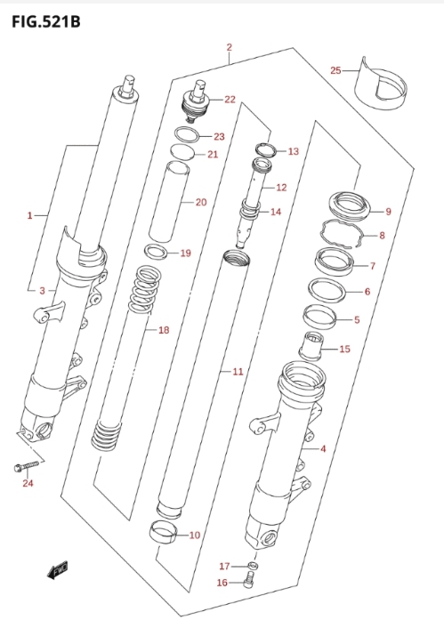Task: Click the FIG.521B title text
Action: click(45, 21)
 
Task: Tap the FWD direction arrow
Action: click(57, 569)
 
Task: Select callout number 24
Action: click(28, 483)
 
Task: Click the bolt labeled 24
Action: click(26, 466)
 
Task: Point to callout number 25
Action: click(335, 70)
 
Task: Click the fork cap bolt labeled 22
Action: click(196, 102)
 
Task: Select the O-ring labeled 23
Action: click(187, 135)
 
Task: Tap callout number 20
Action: click(201, 202)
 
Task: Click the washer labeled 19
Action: click(157, 252)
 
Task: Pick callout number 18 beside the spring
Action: click(164, 330)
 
